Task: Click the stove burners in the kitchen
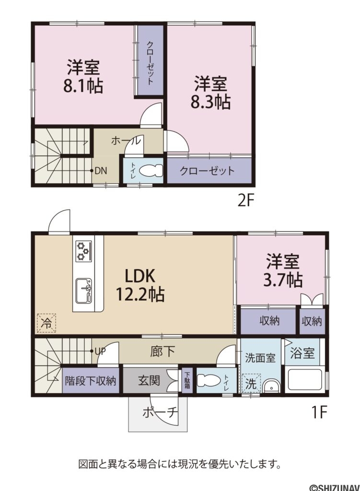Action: pyautogui.click(x=83, y=251)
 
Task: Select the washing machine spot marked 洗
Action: pyautogui.click(x=250, y=384)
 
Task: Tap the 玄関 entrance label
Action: pyautogui.click(x=149, y=382)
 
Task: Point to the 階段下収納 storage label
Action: pyautogui.click(x=90, y=382)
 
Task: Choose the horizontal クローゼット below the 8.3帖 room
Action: pyautogui.click(x=208, y=171)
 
